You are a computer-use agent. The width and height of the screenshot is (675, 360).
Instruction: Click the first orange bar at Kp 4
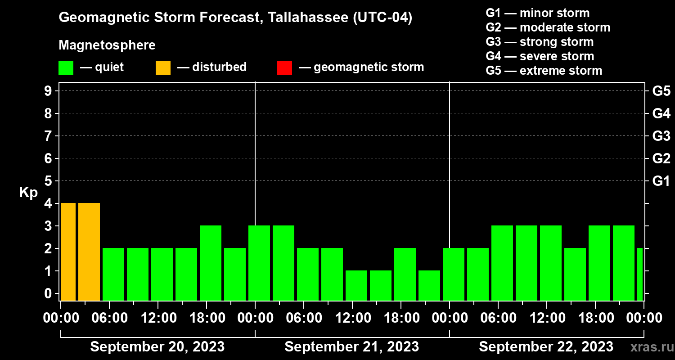tap(68, 252)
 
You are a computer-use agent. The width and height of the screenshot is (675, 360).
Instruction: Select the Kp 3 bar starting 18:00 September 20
tap(211, 263)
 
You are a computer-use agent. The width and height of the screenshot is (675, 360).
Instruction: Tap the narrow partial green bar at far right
tap(640, 274)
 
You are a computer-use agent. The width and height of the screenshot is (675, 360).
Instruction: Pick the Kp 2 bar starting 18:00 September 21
tap(405, 274)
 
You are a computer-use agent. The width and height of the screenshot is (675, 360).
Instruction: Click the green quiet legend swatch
tap(66, 68)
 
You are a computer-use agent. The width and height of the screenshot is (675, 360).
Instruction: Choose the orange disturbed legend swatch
tap(163, 68)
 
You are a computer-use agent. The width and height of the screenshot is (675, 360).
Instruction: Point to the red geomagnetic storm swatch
tap(284, 68)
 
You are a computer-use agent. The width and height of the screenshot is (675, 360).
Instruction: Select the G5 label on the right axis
tap(661, 91)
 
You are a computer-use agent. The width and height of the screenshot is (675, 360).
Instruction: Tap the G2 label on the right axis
tap(661, 159)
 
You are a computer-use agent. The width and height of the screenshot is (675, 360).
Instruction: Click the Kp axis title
tap(28, 193)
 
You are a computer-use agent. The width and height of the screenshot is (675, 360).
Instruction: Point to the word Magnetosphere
tap(107, 45)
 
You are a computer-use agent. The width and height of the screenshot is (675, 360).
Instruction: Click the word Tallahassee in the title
tap(302, 18)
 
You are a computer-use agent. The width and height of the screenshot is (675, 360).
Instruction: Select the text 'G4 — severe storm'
tap(540, 56)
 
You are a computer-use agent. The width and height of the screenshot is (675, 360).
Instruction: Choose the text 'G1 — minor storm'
tap(538, 13)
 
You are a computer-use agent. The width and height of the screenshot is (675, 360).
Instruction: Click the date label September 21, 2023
tap(352, 347)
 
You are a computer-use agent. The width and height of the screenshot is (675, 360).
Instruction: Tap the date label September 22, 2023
tap(546, 347)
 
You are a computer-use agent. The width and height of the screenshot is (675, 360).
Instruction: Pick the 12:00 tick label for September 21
tap(352, 318)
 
